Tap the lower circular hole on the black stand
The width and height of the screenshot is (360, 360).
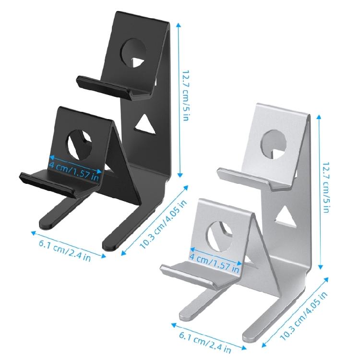(80, 144)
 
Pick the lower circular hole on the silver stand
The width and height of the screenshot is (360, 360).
(220, 236)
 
